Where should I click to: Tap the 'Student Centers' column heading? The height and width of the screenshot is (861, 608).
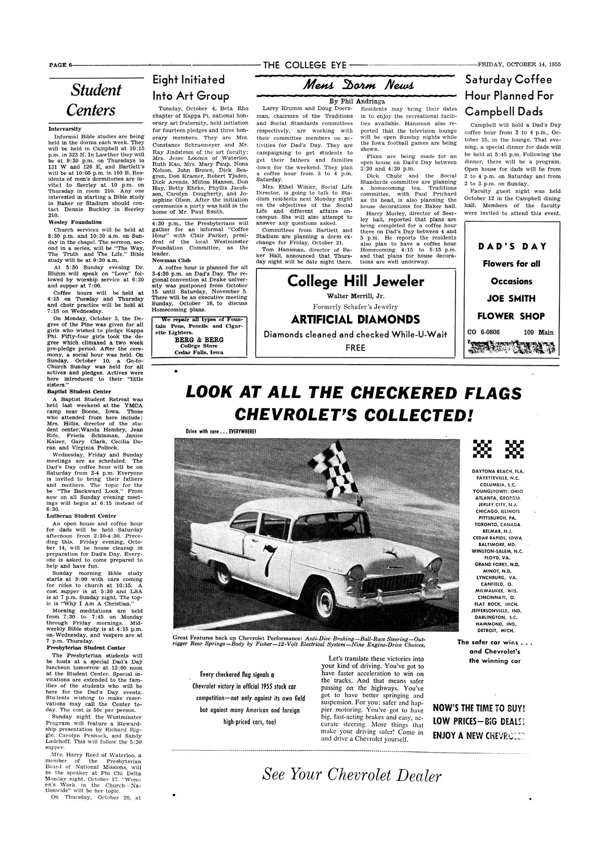coord(95,100)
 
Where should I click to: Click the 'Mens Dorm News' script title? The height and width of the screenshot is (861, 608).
coord(356,84)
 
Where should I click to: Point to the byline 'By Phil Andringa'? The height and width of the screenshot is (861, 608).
coord(356,100)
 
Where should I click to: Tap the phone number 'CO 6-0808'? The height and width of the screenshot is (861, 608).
coord(481,333)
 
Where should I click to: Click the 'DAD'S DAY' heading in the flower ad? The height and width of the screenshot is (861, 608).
coord(512,246)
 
